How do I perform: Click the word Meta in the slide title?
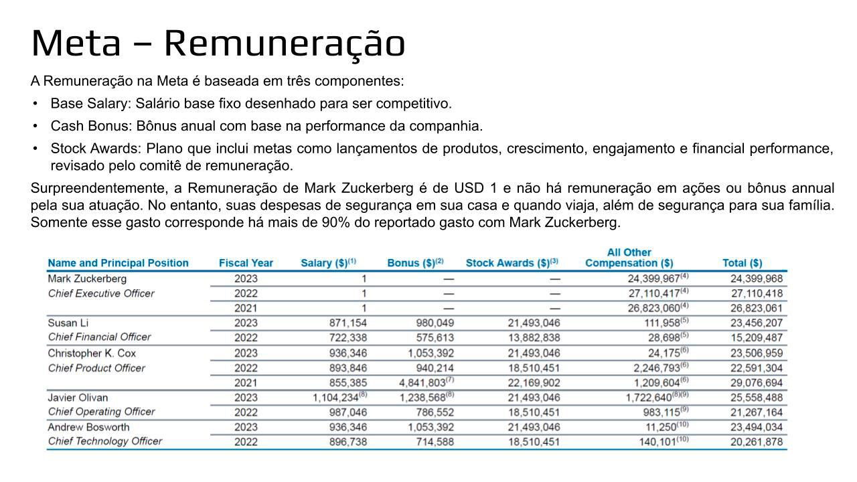[76, 43]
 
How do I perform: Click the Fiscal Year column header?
[246, 263]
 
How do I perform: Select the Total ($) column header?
[742, 263]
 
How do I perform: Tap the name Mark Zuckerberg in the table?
[87, 278]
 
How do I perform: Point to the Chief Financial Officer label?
[99, 337]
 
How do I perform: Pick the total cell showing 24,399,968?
[756, 278]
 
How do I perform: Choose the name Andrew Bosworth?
[88, 427]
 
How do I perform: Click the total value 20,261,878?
[756, 442]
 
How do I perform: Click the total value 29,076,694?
[756, 382]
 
